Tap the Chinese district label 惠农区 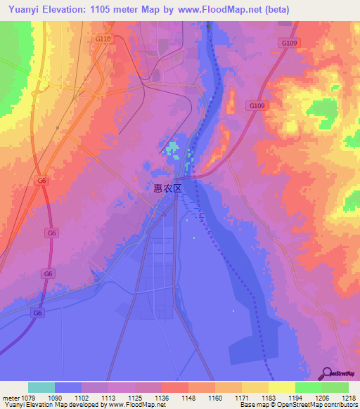tap(168, 188)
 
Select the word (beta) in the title tap(273, 10)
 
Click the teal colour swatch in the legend tap(41, 387)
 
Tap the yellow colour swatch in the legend tap(281, 387)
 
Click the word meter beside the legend tap(8, 397)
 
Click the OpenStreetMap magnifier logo tap(326, 372)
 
